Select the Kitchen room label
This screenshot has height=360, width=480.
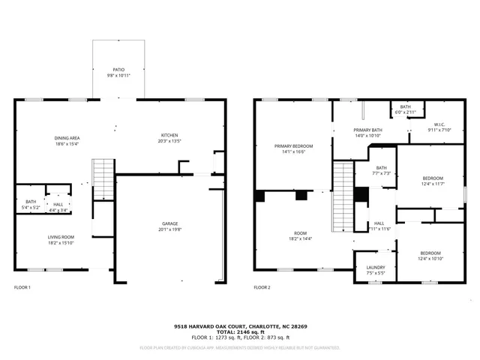(x=169, y=137)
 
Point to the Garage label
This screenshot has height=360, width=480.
(x=170, y=226)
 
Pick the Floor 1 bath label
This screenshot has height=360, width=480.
(x=31, y=204)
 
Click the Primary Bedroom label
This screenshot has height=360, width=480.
(x=293, y=148)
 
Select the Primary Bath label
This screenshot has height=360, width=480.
(x=368, y=133)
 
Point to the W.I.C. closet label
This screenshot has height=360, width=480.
(x=439, y=127)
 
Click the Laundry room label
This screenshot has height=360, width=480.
(x=375, y=270)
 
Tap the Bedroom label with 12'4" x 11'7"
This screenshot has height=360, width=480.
(x=433, y=181)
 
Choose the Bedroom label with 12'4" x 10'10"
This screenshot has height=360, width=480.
(x=430, y=256)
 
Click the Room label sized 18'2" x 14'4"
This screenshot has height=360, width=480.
(x=301, y=236)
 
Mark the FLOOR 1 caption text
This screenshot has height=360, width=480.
(x=23, y=287)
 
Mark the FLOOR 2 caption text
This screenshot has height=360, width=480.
(x=262, y=287)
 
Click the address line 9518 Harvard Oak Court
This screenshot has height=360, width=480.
(x=239, y=326)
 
